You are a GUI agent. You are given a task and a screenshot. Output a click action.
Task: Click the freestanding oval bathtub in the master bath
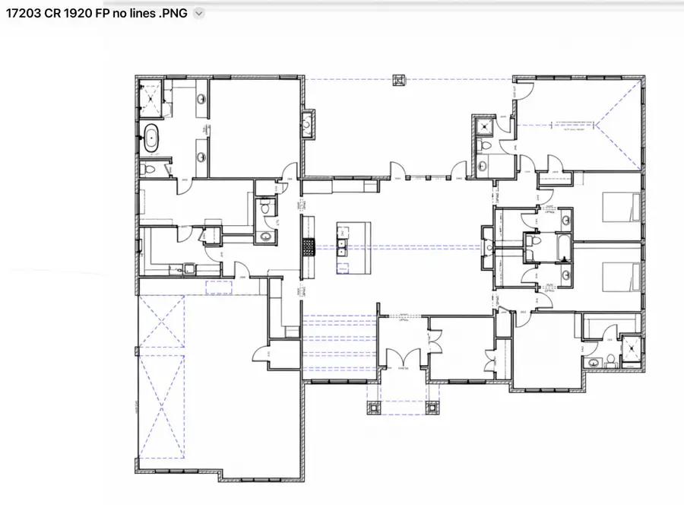152,139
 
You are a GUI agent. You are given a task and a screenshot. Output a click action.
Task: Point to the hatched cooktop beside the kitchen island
309,246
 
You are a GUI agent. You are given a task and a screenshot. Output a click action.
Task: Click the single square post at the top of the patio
399,79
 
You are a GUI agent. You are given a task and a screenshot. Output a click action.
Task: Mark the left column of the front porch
373,408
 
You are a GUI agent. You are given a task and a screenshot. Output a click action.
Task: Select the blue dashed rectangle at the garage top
219,286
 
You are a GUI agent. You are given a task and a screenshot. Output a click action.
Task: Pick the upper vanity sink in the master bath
202,100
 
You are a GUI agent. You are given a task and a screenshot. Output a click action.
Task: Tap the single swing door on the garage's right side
261,351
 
